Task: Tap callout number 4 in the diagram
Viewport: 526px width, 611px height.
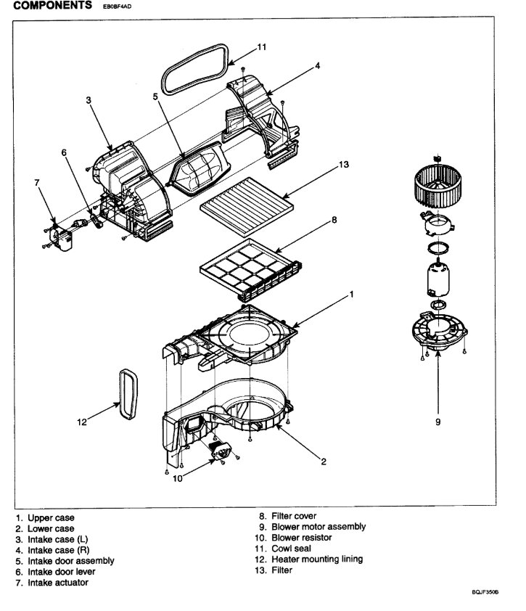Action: (318, 66)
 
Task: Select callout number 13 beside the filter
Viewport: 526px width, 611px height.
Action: (343, 165)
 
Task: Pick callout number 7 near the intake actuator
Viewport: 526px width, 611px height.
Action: (37, 183)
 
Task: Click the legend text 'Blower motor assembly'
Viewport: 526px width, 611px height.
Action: (318, 527)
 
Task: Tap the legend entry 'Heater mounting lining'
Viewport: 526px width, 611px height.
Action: (317, 559)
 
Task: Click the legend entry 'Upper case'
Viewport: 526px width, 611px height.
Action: (51, 518)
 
